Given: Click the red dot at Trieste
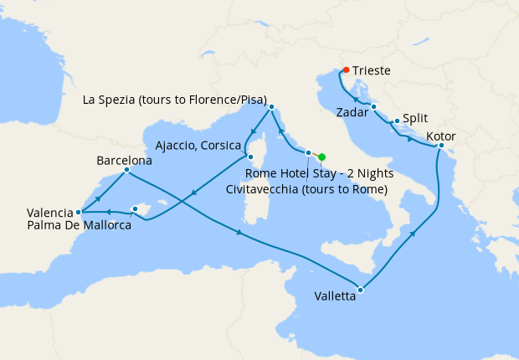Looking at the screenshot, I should (x=346, y=69).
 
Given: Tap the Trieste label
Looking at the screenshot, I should (x=371, y=71).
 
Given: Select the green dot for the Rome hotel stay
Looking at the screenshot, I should (x=321, y=157).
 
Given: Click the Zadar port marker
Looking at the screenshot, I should (x=373, y=106).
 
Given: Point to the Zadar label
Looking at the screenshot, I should (x=351, y=111).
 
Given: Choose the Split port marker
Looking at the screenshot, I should (x=396, y=121).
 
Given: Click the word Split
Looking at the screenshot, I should (x=416, y=120).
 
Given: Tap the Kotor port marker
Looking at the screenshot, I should (x=441, y=146).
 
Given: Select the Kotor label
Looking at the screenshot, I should (x=441, y=136).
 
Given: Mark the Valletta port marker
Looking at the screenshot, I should (x=360, y=291).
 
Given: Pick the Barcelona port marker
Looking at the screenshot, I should (x=126, y=170).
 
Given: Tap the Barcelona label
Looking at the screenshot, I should (x=124, y=159).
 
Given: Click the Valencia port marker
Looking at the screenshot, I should (x=78, y=213).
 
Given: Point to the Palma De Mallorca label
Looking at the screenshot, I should (x=79, y=225).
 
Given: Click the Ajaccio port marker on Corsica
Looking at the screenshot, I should (x=249, y=156).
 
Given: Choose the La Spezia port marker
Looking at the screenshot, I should (x=270, y=107).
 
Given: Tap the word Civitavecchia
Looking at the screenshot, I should (x=271, y=189).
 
